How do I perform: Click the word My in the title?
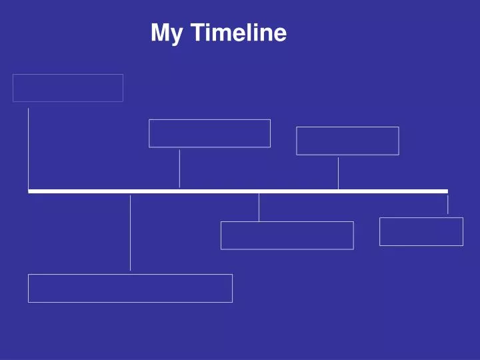click(x=166, y=33)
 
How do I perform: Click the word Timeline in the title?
click(x=239, y=33)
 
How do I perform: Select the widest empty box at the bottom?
click(x=130, y=288)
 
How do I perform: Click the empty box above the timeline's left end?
click(x=68, y=88)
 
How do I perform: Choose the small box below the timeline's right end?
click(x=421, y=231)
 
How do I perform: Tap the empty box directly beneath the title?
click(x=209, y=133)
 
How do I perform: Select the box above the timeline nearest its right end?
click(x=347, y=141)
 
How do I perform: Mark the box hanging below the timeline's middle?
click(x=287, y=235)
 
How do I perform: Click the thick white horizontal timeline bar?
click(x=237, y=191)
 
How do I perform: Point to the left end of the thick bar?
click(x=30, y=191)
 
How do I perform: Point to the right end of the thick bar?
click(x=446, y=191)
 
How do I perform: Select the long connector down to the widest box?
click(x=130, y=233)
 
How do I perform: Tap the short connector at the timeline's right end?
click(x=447, y=204)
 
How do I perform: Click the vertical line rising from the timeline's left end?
click(x=28, y=148)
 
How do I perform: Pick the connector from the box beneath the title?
click(x=179, y=168)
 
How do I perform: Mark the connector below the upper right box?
click(x=338, y=173)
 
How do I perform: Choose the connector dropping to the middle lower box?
click(x=259, y=207)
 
